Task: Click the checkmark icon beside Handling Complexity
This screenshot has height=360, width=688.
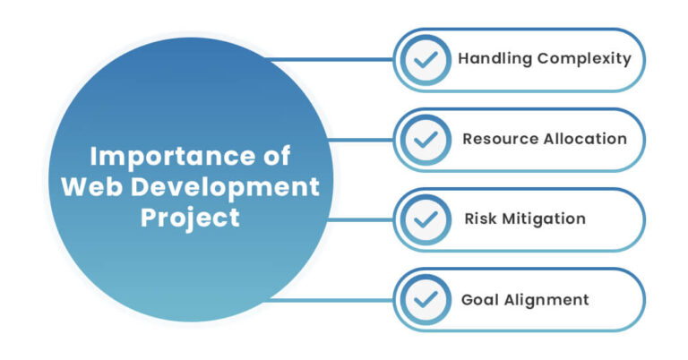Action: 426,60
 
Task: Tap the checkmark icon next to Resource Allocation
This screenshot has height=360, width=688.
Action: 426,140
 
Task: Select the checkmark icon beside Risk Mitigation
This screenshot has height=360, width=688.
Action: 426,219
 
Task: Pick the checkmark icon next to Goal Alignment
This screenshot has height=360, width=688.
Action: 426,299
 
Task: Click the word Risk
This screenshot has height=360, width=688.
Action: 480,219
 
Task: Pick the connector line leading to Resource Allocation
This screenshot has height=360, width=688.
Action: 363,140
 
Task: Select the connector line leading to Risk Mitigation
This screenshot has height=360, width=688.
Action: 363,219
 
